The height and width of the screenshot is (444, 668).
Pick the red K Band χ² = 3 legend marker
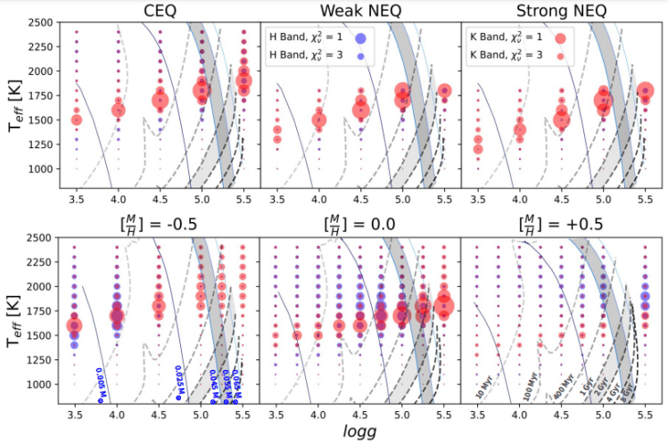coord(560,55)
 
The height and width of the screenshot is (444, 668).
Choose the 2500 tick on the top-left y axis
coord(39,21)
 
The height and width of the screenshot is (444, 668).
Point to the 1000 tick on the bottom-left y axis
coord(39,384)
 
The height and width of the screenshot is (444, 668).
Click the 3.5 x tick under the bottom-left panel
coord(76,415)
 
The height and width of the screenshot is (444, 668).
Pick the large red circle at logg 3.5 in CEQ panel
coord(77,119)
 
